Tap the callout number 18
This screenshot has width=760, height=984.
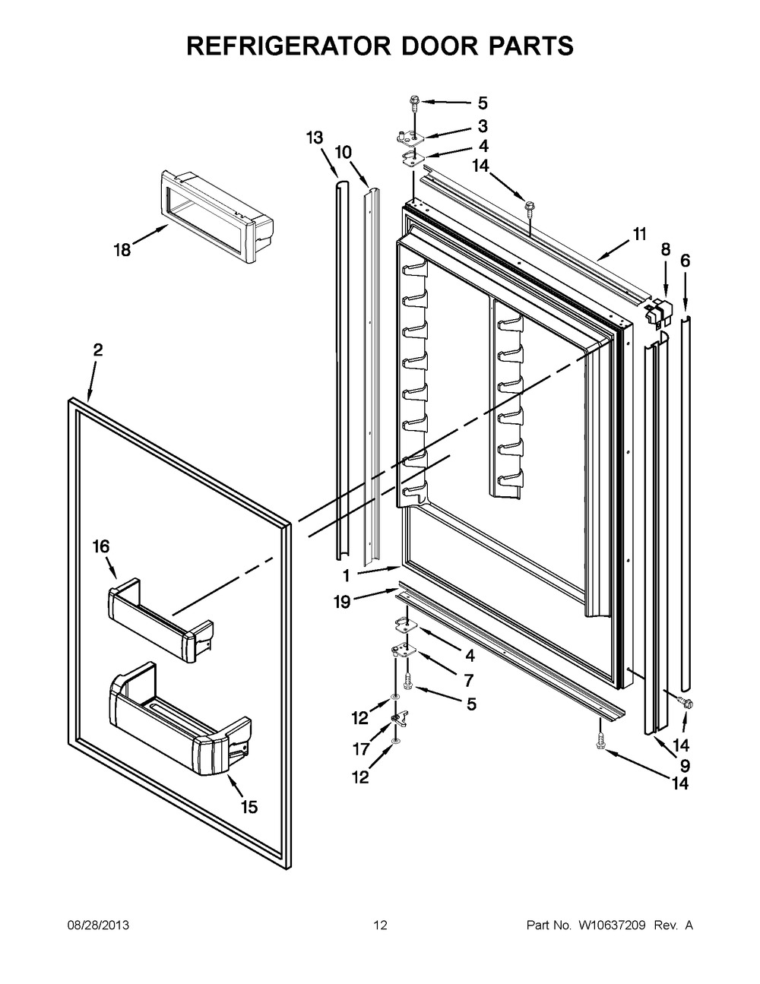point(122,249)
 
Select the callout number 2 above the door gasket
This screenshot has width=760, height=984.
point(98,350)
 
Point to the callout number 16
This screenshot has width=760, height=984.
point(101,546)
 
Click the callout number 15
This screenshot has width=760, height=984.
point(249,806)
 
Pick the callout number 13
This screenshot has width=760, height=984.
point(315,138)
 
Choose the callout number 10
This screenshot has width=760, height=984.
point(343,153)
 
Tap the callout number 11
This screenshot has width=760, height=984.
point(639,234)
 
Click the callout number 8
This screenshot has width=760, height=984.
point(665,249)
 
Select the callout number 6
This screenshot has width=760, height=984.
point(686,261)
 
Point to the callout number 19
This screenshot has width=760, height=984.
point(343,602)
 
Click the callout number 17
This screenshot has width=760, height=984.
point(361,749)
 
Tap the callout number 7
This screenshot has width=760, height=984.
point(469,680)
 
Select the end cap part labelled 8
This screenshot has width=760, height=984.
point(659,312)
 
